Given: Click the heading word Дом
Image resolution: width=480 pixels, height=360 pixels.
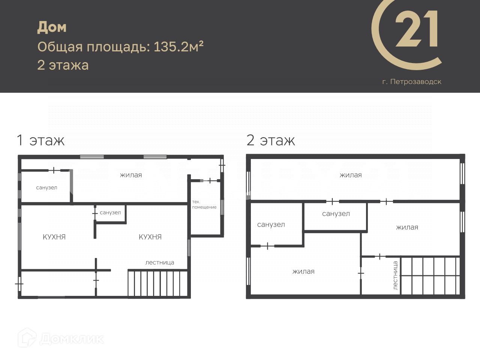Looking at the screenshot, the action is click(52, 27).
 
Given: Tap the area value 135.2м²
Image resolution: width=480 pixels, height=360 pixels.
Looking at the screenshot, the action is click(178, 46).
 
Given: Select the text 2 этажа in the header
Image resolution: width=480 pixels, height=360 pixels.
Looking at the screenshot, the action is click(63, 65).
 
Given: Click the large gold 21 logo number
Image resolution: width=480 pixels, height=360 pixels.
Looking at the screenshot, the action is click(416, 28).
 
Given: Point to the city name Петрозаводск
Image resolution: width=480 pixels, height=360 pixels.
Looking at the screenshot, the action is click(416, 82).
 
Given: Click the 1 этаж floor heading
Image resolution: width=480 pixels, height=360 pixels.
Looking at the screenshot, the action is click(40, 140).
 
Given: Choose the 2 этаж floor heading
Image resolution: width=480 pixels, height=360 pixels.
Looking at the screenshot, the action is click(271, 140).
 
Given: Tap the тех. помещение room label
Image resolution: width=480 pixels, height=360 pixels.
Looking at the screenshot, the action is click(204, 204).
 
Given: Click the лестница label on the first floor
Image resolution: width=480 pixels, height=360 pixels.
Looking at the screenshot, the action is click(160, 262).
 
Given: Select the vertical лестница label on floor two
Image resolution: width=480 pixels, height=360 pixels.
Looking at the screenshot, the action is click(395, 275).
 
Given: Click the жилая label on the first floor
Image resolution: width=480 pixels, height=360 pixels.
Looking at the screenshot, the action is click(131, 175).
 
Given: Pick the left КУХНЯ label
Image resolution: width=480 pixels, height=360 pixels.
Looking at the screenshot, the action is click(54, 237).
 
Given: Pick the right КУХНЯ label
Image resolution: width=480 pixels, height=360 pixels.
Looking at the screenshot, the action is click(150, 237).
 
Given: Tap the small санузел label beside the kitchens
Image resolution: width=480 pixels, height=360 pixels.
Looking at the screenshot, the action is click(110, 213).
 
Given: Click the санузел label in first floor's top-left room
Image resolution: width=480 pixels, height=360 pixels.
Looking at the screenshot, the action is click(46, 188).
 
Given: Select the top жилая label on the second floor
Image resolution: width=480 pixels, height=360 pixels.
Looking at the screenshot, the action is click(351, 175).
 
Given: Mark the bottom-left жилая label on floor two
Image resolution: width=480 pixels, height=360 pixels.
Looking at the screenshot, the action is click(303, 271).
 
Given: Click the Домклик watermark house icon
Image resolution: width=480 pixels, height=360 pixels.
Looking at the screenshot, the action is click(27, 338).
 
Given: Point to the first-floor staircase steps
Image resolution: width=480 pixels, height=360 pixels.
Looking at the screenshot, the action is click(158, 283).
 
